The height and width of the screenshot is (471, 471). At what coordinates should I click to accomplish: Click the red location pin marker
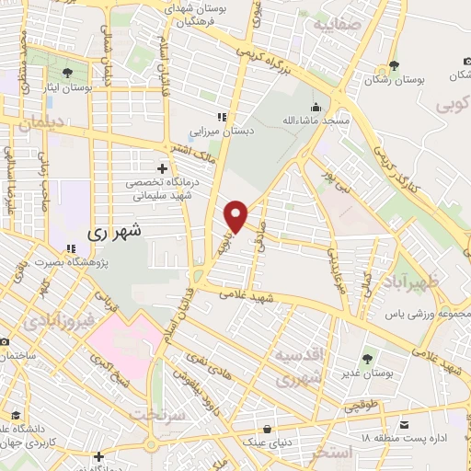(237, 215)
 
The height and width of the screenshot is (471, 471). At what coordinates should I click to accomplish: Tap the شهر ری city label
(118, 233)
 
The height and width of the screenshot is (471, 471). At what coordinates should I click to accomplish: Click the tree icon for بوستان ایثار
(68, 71)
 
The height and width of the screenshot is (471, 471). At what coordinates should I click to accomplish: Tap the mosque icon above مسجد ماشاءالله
(316, 106)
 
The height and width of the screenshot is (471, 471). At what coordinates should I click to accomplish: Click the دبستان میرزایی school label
(221, 132)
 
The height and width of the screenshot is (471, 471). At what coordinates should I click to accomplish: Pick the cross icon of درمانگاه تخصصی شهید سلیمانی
(163, 168)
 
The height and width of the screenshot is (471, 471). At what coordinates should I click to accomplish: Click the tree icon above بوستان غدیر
(368, 358)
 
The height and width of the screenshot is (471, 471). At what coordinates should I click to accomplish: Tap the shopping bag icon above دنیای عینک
(268, 428)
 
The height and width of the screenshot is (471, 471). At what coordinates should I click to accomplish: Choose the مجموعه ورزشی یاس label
(427, 314)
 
